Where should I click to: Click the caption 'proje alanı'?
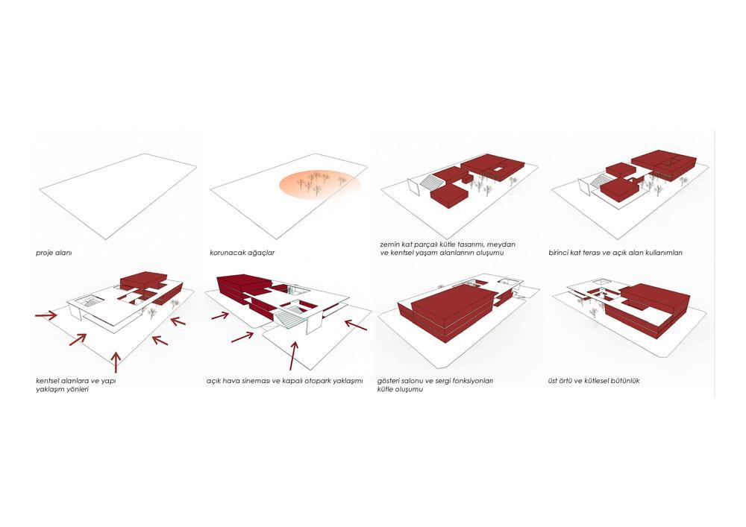coord(54,253)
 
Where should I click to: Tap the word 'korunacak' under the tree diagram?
coord(226,253)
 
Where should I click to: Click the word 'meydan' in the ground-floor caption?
coord(501,244)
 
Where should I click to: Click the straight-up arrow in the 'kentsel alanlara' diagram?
coord(116,362)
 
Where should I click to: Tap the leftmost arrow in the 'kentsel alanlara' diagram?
coord(46,315)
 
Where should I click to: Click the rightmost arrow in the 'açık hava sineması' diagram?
coord(355,325)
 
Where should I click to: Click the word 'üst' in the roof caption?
coord(554,381)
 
